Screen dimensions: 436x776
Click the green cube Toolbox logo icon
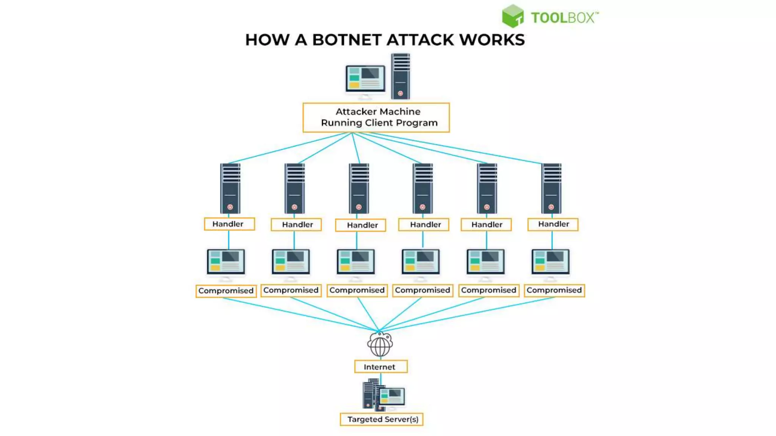click(x=512, y=16)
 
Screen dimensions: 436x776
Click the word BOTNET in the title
click(x=346, y=40)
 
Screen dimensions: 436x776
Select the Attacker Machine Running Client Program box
click(x=376, y=117)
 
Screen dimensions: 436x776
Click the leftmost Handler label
click(x=229, y=224)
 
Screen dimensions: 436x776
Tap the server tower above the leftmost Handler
click(x=230, y=188)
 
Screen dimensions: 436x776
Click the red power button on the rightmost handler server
click(x=551, y=207)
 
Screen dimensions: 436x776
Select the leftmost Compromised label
click(x=226, y=291)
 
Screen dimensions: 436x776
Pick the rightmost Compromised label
click(x=554, y=290)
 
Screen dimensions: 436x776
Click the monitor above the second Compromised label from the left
click(x=291, y=262)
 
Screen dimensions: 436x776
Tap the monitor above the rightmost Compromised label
click(x=551, y=262)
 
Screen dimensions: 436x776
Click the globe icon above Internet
click(x=380, y=345)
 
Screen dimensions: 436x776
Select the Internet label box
click(x=380, y=367)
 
